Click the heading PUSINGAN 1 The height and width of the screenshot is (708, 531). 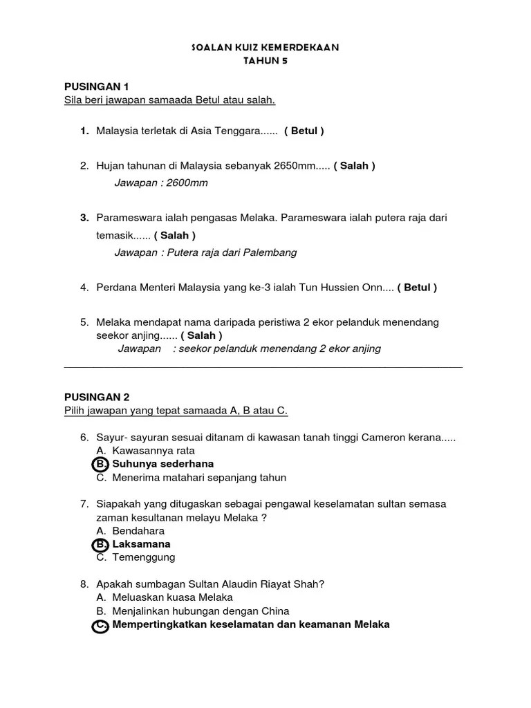pos(97,86)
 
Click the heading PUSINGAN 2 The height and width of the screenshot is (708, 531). pos(97,397)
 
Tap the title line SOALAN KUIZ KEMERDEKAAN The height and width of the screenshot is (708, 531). pos(265,47)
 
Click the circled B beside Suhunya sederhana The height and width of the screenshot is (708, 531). pos(100,464)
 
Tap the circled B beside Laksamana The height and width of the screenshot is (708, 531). pos(100,544)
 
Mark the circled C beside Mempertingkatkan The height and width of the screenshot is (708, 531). pos(100,625)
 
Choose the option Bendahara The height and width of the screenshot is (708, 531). pos(138,531)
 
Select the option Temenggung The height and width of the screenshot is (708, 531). pos(144,557)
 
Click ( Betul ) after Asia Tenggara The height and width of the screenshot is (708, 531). pos(304,131)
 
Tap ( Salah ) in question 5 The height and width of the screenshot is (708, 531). pos(201,335)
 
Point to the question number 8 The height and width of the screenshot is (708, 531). pos(84,584)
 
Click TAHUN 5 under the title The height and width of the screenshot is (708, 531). pos(265,60)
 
